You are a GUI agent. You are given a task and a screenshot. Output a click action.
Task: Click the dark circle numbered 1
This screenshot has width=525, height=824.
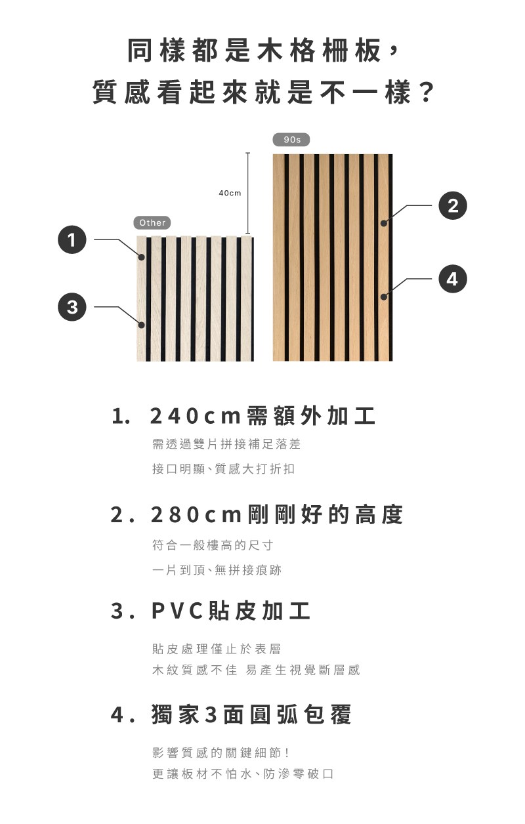click(72, 240)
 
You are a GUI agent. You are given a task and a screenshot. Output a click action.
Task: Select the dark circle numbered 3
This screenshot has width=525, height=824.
click(72, 306)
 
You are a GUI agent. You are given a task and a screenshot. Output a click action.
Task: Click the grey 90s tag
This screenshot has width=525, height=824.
click(291, 140)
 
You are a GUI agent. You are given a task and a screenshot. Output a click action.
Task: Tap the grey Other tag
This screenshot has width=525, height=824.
click(152, 222)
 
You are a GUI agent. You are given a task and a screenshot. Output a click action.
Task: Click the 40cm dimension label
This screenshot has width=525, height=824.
click(230, 193)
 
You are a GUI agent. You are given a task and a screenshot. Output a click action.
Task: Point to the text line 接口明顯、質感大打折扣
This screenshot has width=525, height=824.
click(223, 469)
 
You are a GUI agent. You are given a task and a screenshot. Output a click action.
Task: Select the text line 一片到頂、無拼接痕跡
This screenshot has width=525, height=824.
click(217, 570)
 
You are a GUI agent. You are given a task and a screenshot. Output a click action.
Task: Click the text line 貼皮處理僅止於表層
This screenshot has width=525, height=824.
click(217, 649)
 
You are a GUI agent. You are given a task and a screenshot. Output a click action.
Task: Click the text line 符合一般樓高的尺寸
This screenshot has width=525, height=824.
click(213, 545)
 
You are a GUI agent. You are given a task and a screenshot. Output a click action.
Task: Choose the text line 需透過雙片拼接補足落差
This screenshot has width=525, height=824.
click(226, 444)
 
